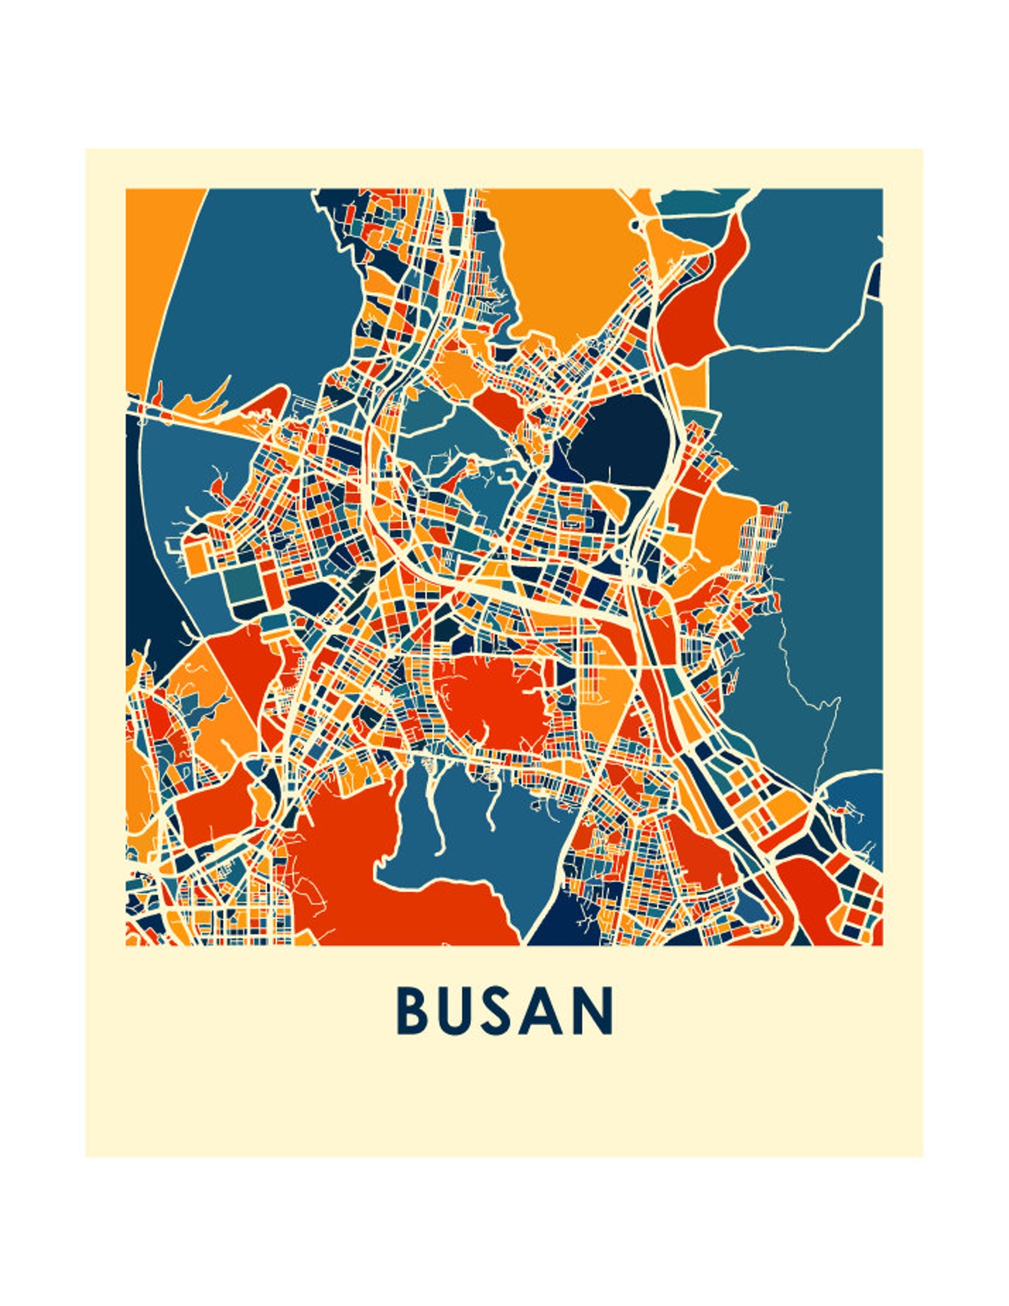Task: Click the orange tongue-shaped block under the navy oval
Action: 613,502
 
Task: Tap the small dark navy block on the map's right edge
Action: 875,280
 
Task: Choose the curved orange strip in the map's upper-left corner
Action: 159,267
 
